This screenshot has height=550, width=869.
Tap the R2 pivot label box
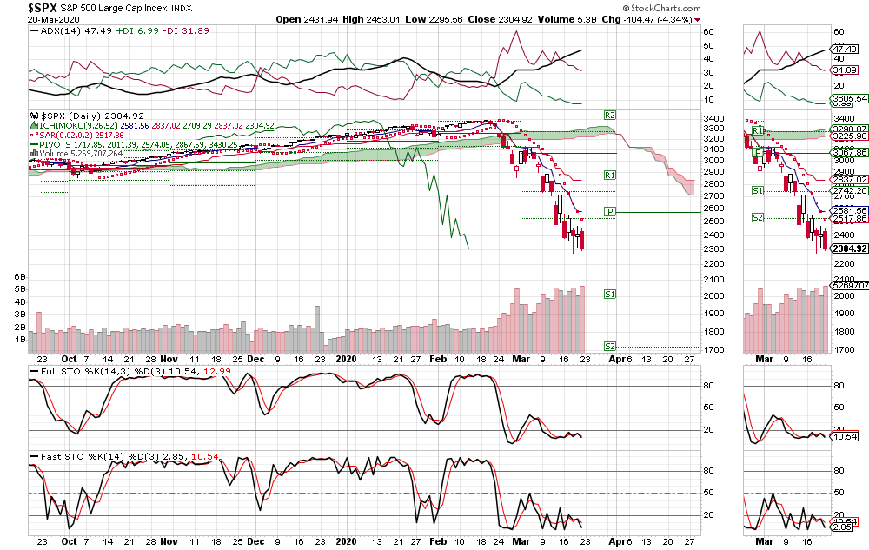610,115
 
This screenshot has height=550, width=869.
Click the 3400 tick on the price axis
713,119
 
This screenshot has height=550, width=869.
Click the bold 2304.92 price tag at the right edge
847,248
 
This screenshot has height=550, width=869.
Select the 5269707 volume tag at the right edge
847,284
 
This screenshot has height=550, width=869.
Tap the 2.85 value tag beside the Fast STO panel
841,527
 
